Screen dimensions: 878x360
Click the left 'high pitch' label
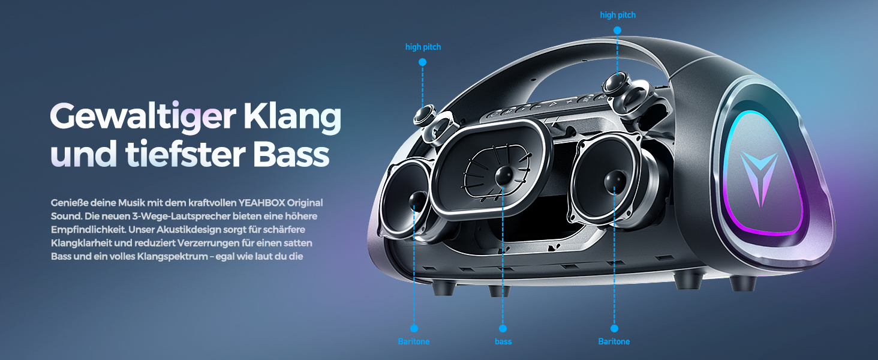423,47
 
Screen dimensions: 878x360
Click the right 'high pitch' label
618,15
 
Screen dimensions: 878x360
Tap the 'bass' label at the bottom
503,341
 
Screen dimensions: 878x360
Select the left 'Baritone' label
414,341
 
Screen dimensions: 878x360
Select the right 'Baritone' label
614,341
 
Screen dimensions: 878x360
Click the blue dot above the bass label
503,328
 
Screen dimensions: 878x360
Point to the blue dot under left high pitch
422,62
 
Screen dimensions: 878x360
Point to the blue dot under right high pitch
617,30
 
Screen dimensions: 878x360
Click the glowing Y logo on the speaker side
759,177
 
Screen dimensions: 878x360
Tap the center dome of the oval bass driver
504,176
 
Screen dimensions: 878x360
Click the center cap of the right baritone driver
615,182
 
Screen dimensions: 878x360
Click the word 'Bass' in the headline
291,155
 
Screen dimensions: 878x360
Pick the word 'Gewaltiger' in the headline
143,117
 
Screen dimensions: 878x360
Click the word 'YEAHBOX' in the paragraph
261,203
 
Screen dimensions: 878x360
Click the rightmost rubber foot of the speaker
742,283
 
